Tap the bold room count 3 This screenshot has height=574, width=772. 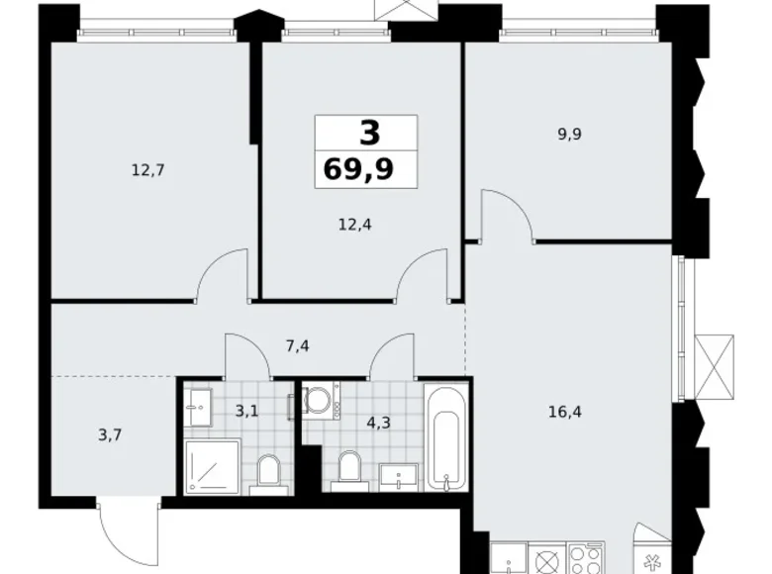click(x=367, y=132)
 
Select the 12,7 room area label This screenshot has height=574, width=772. click(x=146, y=169)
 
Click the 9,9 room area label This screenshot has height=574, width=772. click(x=569, y=135)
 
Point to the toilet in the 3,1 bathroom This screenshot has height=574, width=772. click(x=267, y=473)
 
